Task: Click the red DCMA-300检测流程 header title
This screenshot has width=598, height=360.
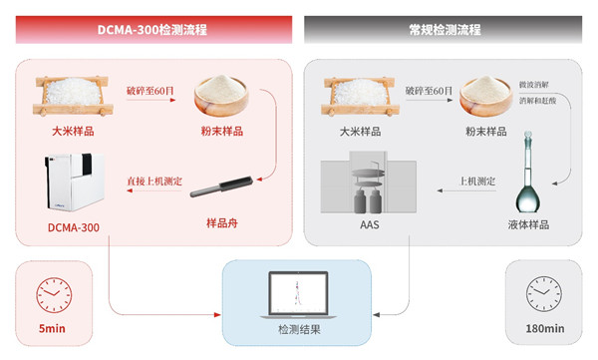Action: (152, 29)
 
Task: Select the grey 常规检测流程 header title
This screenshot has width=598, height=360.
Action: (445, 29)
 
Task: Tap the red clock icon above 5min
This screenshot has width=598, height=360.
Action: (54, 295)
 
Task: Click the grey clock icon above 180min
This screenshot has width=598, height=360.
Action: (544, 294)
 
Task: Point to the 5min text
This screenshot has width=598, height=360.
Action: (52, 328)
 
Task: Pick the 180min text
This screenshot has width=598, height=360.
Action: (545, 328)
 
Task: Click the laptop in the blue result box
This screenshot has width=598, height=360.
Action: (298, 295)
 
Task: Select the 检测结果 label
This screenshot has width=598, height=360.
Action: (299, 329)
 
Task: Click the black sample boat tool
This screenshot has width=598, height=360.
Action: (221, 186)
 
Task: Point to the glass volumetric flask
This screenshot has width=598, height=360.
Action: (528, 172)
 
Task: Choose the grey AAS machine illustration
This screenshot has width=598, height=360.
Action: (369, 182)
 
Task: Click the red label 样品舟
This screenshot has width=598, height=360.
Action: (222, 223)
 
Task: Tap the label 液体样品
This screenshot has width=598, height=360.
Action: (528, 224)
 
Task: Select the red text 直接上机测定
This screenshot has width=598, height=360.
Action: (154, 180)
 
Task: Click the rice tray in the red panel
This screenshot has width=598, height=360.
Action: (73, 96)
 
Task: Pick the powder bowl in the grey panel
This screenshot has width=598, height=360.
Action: (486, 95)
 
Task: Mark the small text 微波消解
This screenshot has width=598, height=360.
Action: (533, 85)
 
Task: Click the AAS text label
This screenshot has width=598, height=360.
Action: (369, 224)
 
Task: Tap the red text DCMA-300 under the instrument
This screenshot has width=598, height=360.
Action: (73, 227)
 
